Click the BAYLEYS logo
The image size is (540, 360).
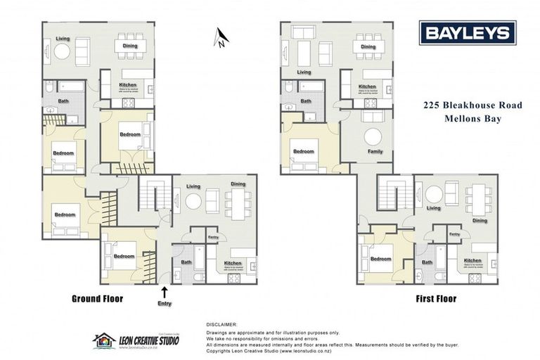click(x=467, y=33)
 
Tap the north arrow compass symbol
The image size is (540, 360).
click(x=221, y=37)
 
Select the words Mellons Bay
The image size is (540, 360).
click(x=472, y=119)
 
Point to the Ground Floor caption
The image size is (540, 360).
click(x=97, y=299)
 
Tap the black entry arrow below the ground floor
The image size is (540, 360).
click(x=165, y=291)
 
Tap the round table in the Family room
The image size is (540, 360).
click(x=373, y=136)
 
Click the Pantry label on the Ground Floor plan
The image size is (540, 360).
click(x=212, y=238)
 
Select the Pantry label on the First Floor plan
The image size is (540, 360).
click(x=454, y=234)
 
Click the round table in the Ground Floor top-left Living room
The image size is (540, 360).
click(x=62, y=51)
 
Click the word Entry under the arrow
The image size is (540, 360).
click(x=165, y=304)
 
